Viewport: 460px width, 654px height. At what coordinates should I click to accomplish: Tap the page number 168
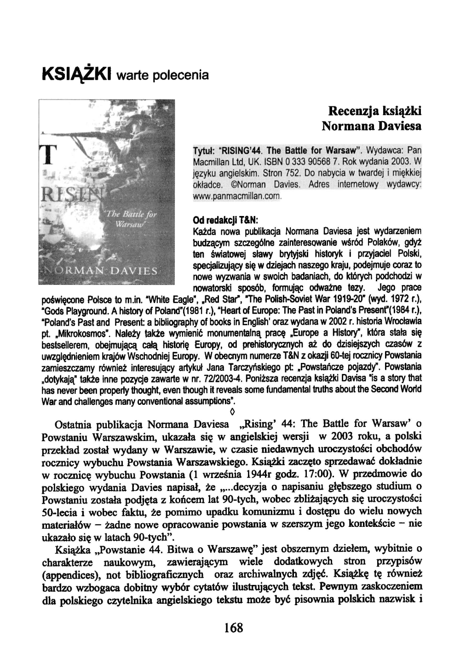[x=234, y=627]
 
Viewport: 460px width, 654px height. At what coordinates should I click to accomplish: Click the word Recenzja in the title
[x=353, y=111]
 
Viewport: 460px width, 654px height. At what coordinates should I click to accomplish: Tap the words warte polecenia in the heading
[x=156, y=75]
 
